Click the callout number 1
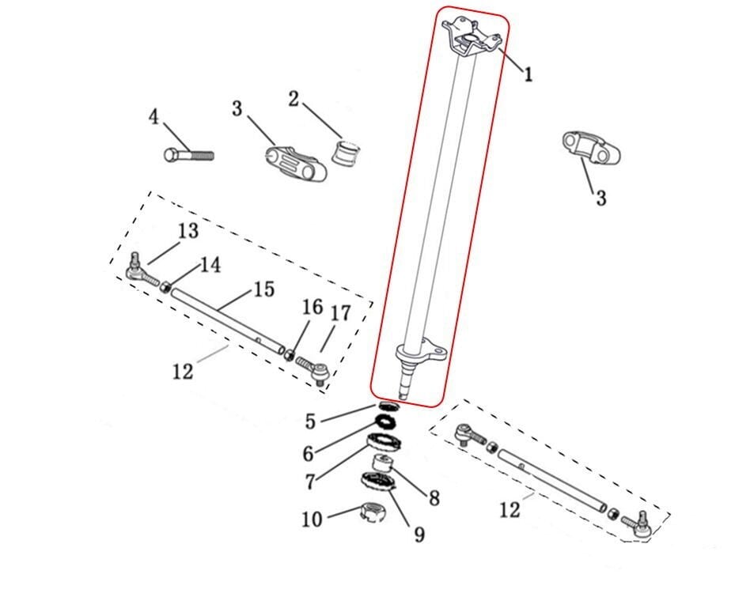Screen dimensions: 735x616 [x=529, y=74]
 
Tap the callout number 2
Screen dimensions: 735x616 [x=294, y=99]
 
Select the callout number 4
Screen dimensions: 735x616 [x=153, y=117]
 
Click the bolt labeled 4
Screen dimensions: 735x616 [x=189, y=154]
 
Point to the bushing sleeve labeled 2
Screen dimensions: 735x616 [x=347, y=151]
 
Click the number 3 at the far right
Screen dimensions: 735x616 [x=601, y=198]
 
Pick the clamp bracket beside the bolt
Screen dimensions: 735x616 [x=295, y=164]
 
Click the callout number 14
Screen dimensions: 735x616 [x=210, y=265]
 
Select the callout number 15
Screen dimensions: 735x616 [x=264, y=289]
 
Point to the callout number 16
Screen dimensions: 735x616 [x=313, y=308]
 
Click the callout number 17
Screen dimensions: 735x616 [x=341, y=313]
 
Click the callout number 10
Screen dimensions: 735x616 [x=313, y=519]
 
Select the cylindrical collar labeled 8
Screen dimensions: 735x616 [x=382, y=463]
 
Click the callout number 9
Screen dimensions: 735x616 [x=419, y=534]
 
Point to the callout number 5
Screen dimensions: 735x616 [x=310, y=421]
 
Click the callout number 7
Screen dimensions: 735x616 [x=309, y=481]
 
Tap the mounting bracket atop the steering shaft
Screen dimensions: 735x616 [x=472, y=37]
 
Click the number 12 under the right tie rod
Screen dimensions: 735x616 [x=510, y=510]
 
